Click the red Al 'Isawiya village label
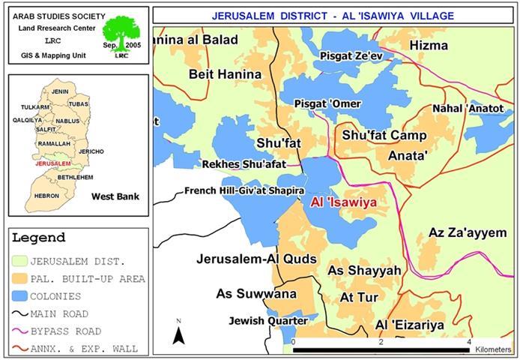pos(342,202)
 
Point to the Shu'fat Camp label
pos(384,136)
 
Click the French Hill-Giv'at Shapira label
pos(240,191)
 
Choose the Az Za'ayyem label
pos(468,232)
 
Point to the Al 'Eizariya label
pos(410,325)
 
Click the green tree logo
pos(121,34)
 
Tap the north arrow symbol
pos(178,333)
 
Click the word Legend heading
pos(38,238)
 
